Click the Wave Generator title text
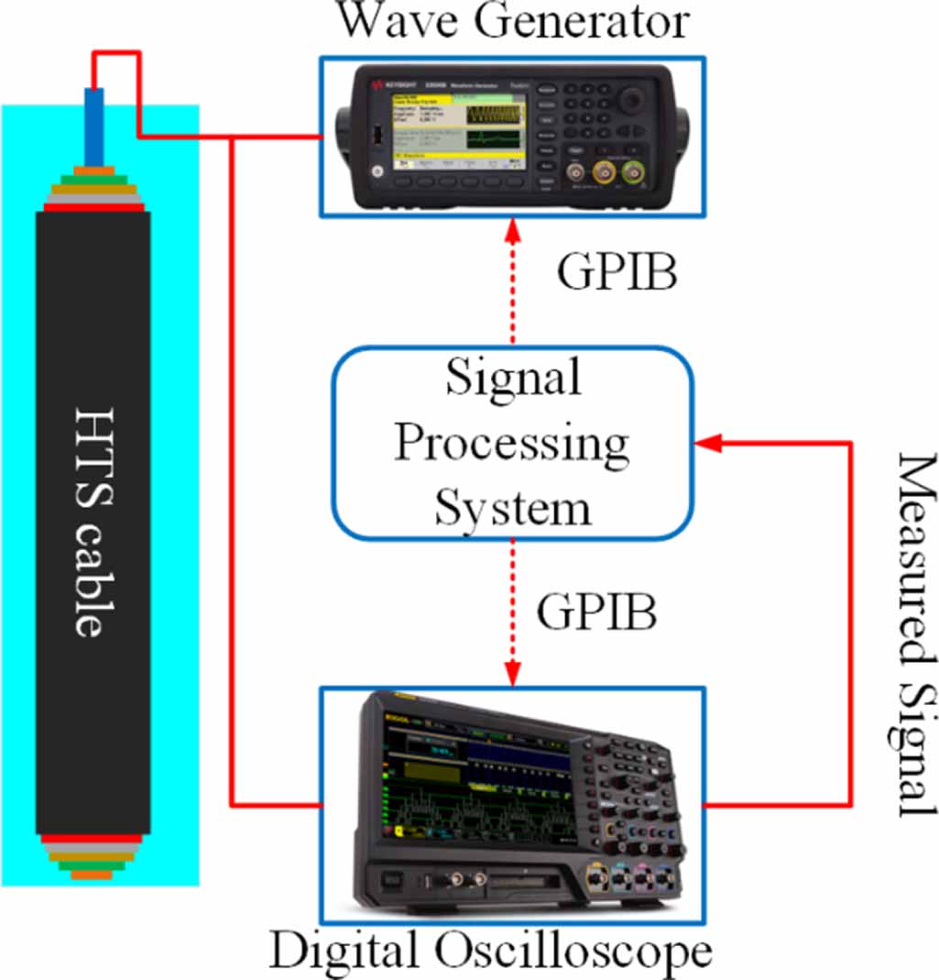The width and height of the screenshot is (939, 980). point(512,22)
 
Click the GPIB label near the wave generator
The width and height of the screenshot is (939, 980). point(617,273)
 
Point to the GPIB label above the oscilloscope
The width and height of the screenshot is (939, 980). point(596,613)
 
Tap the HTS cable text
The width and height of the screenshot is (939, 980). point(91,523)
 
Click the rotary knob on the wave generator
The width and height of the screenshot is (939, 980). point(630,100)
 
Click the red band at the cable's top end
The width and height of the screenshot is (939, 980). point(93,207)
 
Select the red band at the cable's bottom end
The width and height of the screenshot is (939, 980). point(92,838)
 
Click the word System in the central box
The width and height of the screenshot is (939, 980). point(512,507)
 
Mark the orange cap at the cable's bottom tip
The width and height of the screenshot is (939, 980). point(92,875)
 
